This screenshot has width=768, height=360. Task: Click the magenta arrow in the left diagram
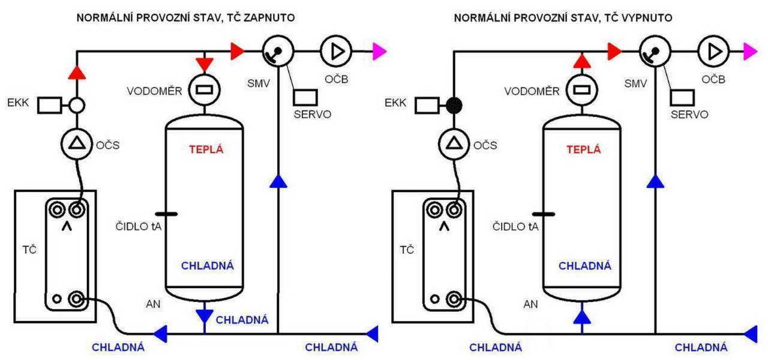coord(379,52)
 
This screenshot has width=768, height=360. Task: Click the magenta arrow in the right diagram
coord(750,52)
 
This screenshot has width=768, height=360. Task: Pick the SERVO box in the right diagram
coord(682,97)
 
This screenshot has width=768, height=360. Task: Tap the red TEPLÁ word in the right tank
coord(584,150)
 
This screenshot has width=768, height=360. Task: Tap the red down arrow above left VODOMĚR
coord(205,62)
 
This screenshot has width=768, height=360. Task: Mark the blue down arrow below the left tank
coord(205,316)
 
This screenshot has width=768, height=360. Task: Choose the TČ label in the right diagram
coord(407,248)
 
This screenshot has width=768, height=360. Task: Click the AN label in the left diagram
coord(153,304)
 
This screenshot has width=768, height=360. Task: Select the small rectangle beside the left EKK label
coord(49,106)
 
